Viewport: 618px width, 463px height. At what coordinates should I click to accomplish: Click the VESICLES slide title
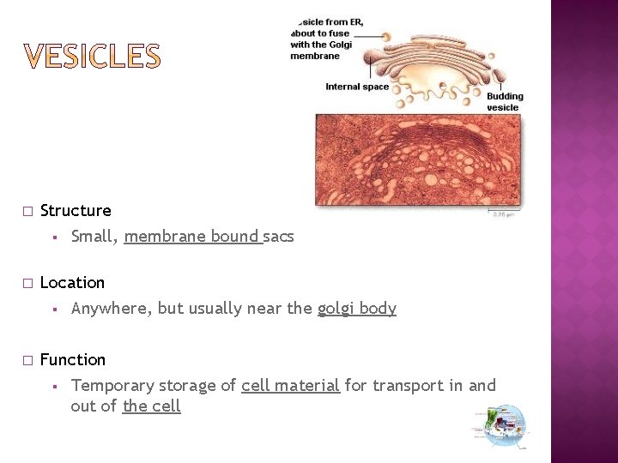[x=92, y=57]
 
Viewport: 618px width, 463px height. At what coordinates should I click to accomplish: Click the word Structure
[x=76, y=211]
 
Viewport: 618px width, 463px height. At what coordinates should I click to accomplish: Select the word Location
[x=72, y=283]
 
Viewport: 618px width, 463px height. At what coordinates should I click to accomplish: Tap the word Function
[x=73, y=360]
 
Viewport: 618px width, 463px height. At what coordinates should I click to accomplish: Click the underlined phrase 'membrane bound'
[x=191, y=237]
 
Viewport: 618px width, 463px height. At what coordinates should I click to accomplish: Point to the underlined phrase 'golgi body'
[x=356, y=309]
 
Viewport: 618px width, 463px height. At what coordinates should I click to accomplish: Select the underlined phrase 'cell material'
[x=290, y=386]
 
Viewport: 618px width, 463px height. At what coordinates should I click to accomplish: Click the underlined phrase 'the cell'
[x=151, y=406]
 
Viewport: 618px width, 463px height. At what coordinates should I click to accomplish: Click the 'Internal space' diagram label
[x=356, y=87]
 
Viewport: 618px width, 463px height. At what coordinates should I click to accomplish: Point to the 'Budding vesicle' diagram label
[x=504, y=101]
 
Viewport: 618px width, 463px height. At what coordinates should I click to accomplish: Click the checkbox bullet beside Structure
[x=27, y=211]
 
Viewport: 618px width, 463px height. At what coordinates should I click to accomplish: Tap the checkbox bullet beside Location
[x=27, y=283]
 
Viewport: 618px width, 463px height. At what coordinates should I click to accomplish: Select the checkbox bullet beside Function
[x=27, y=360]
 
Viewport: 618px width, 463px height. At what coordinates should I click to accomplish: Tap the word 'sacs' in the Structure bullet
[x=278, y=237]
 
